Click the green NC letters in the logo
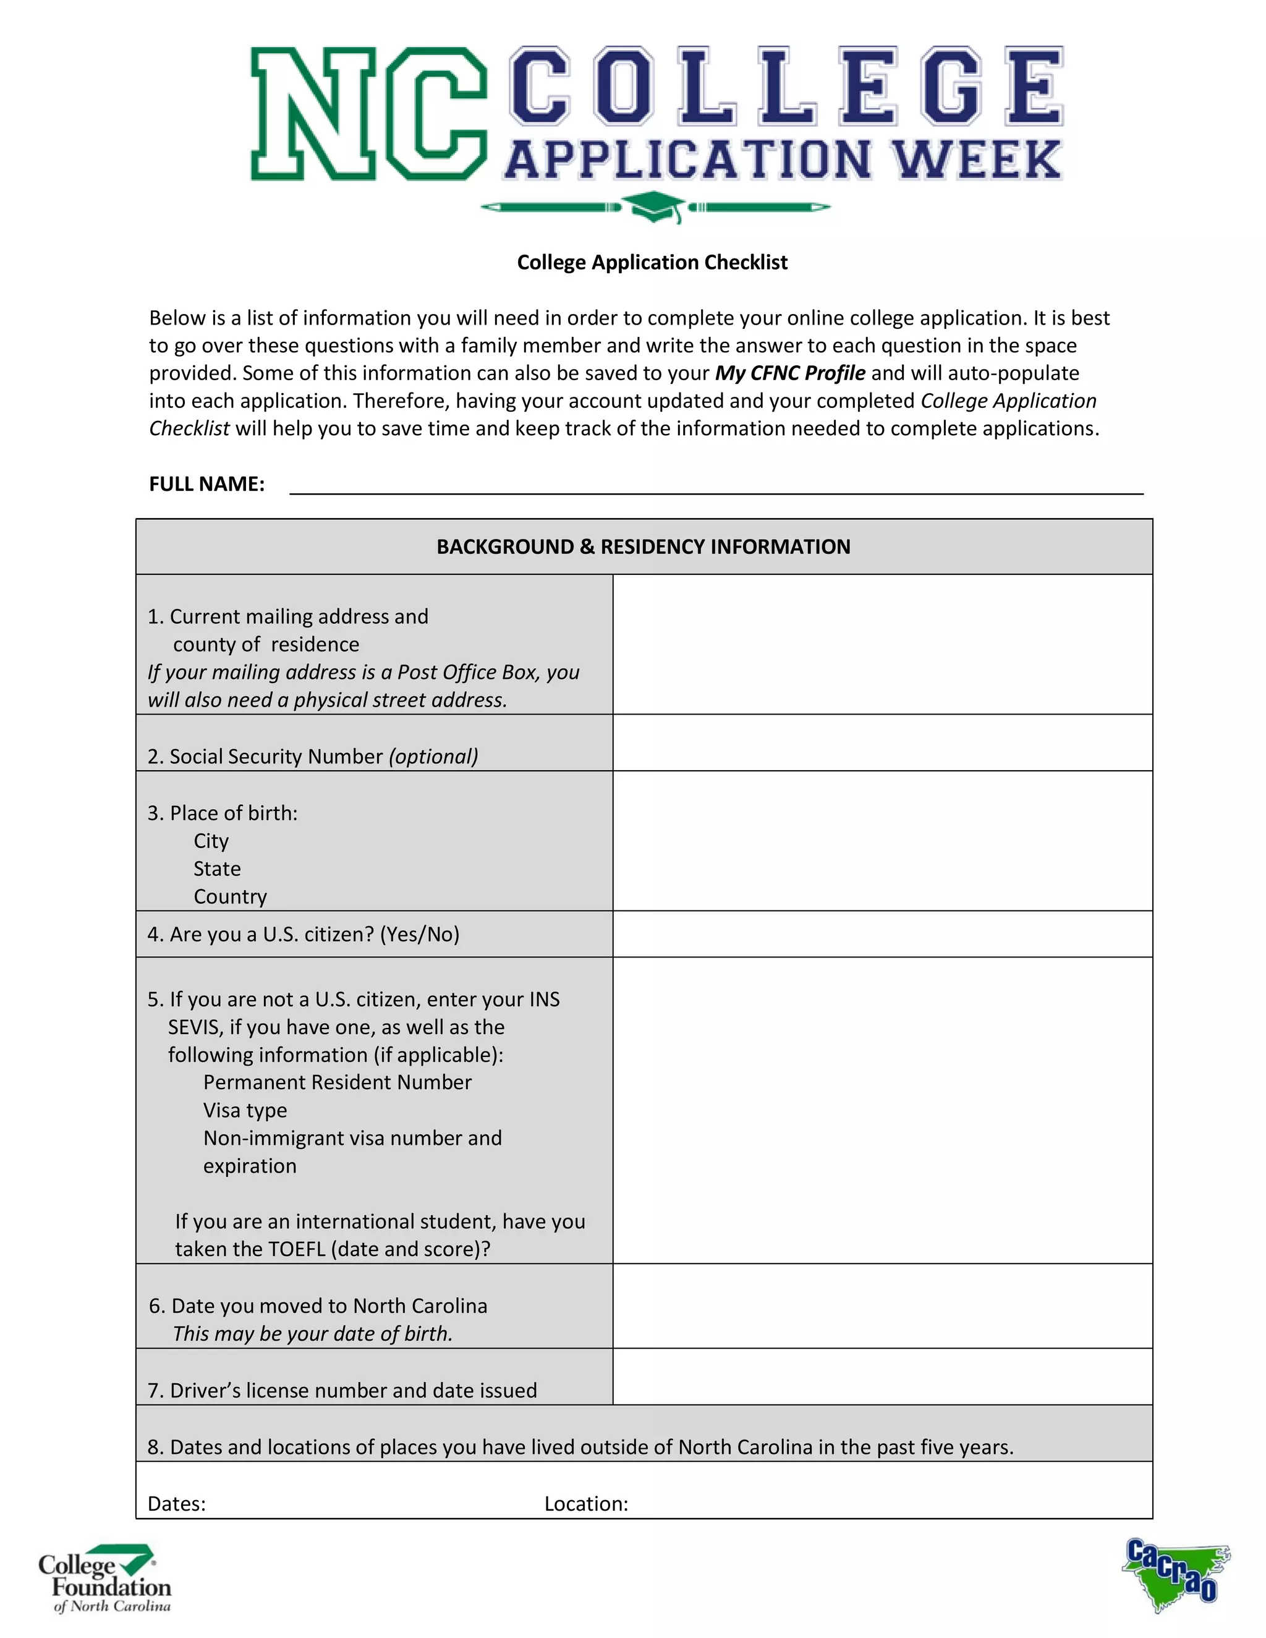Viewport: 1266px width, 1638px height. (x=368, y=114)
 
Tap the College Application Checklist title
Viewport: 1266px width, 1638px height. (x=652, y=263)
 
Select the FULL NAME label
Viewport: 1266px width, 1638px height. (x=206, y=485)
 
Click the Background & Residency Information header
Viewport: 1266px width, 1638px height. (x=643, y=547)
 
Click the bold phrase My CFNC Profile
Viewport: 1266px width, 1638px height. (x=790, y=373)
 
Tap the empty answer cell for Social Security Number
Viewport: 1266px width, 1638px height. (x=882, y=742)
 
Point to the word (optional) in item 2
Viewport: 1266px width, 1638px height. (x=433, y=756)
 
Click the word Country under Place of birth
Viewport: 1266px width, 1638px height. (x=230, y=897)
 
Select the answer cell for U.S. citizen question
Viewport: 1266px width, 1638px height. (x=882, y=934)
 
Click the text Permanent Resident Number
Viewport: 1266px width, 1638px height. (x=338, y=1082)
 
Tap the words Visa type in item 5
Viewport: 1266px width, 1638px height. (x=245, y=1110)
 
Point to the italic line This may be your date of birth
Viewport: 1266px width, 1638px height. (x=313, y=1333)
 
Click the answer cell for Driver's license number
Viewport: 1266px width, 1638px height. (x=882, y=1377)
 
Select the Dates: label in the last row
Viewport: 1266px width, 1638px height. (x=176, y=1504)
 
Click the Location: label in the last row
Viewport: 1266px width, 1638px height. (x=586, y=1504)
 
